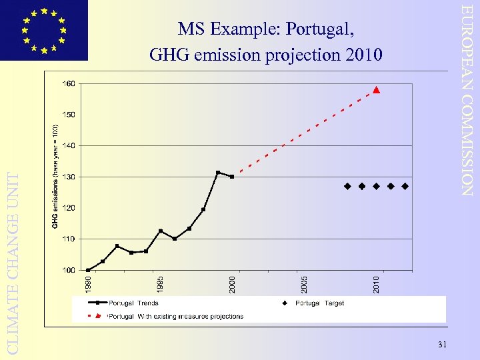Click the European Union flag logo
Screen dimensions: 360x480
[44, 30]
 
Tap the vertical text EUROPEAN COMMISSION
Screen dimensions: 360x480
[469, 100]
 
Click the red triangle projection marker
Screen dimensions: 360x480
[376, 89]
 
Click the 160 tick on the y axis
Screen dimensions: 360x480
[69, 84]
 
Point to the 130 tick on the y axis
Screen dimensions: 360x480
[69, 177]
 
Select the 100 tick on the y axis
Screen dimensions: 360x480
[69, 270]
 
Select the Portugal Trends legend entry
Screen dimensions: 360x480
[133, 303]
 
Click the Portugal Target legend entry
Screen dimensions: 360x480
[319, 303]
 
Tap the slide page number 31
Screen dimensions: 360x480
[443, 344]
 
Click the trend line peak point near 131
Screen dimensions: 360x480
[218, 173]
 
